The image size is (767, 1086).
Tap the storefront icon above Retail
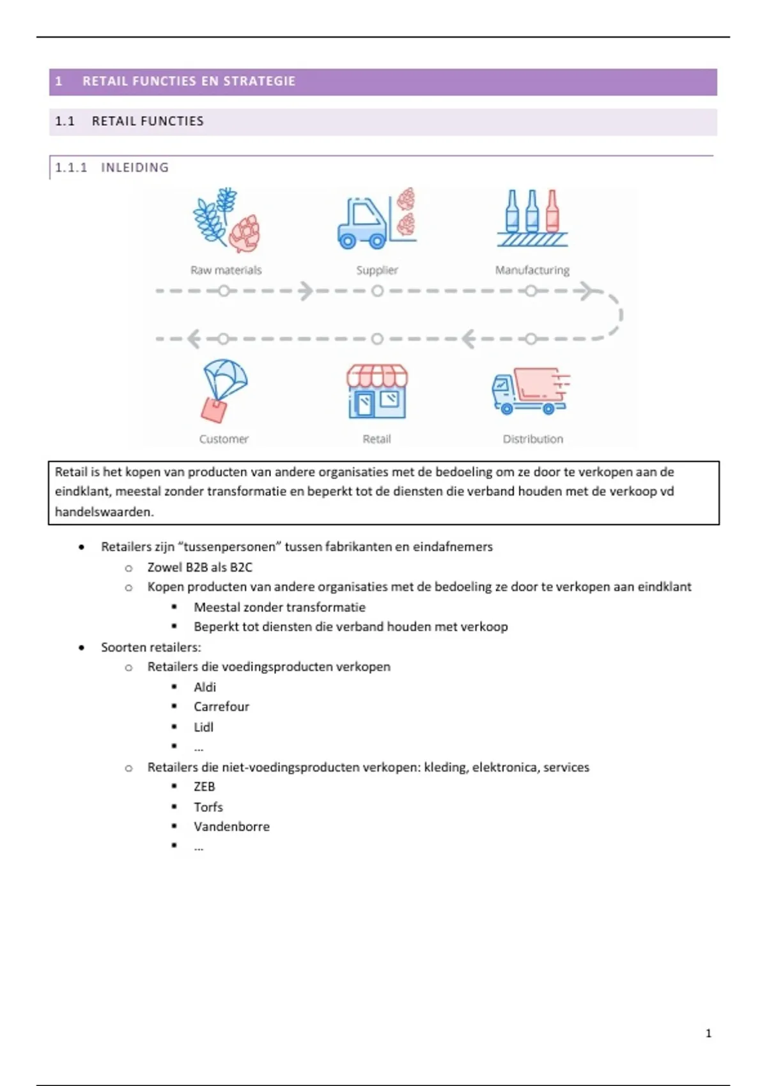pyautogui.click(x=377, y=392)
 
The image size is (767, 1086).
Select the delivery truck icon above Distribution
pyautogui.click(x=531, y=390)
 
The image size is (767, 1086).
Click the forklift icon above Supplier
pyautogui.click(x=376, y=218)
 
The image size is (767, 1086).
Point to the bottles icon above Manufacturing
pyautogui.click(x=532, y=218)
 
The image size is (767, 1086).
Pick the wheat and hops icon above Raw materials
pyautogui.click(x=226, y=219)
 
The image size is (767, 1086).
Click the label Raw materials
pyautogui.click(x=226, y=270)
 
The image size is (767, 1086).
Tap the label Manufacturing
pyautogui.click(x=532, y=270)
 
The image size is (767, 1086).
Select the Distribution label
pyautogui.click(x=532, y=439)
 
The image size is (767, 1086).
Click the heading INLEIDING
pyautogui.click(x=135, y=167)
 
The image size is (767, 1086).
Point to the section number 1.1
pyautogui.click(x=65, y=121)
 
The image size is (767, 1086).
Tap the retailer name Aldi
pyautogui.click(x=205, y=687)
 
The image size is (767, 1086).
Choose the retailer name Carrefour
pyautogui.click(x=221, y=707)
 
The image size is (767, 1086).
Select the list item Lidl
pyautogui.click(x=203, y=727)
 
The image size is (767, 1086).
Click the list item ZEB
pyautogui.click(x=205, y=786)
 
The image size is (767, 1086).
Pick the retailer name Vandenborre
pyautogui.click(x=231, y=827)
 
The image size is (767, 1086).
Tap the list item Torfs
pyautogui.click(x=208, y=807)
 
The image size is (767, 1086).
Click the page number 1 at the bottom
pyautogui.click(x=708, y=1033)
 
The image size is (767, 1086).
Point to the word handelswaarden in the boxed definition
pyautogui.click(x=104, y=512)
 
